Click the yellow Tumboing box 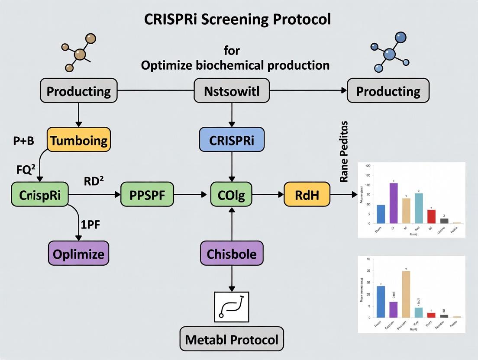pos(78,140)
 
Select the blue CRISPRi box pos(232,140)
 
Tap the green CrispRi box pos(39,195)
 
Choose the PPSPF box pos(147,195)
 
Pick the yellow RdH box pos(307,195)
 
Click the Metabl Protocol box pos(232,339)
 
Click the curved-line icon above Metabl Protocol pos(232,306)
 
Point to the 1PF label pos(91,224)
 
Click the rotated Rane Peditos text pos(344,151)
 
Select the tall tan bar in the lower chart pos(406,294)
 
